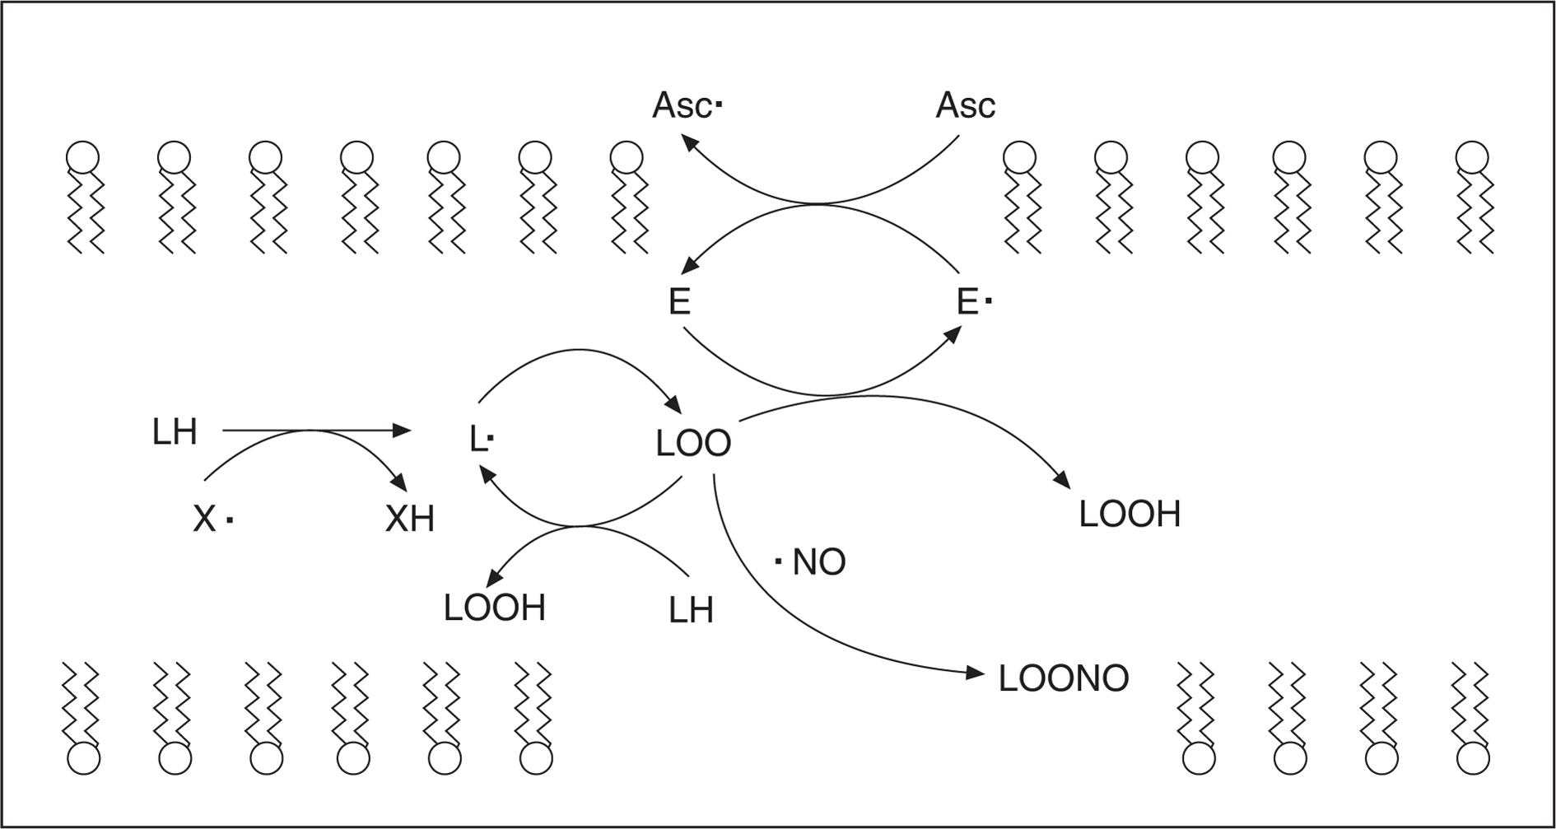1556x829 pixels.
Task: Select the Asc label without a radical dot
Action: coord(965,106)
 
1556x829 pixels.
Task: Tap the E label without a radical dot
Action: coord(679,302)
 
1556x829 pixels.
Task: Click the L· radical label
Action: coord(480,440)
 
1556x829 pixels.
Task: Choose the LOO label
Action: coord(693,444)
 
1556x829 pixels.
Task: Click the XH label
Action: coord(410,519)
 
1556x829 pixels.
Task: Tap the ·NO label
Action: coord(811,562)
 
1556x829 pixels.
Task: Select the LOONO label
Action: coord(1063,679)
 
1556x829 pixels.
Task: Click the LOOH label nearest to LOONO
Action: coord(1130,514)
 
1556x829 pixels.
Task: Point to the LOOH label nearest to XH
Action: coord(495,608)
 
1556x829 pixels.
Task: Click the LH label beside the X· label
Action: coord(175,432)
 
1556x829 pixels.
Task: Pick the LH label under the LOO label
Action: coord(691,610)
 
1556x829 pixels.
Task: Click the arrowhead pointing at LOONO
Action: coord(976,673)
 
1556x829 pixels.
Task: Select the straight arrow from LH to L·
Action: coord(317,430)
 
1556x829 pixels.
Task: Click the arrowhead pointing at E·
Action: coord(954,333)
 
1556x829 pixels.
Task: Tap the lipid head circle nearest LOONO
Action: coord(1199,758)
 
